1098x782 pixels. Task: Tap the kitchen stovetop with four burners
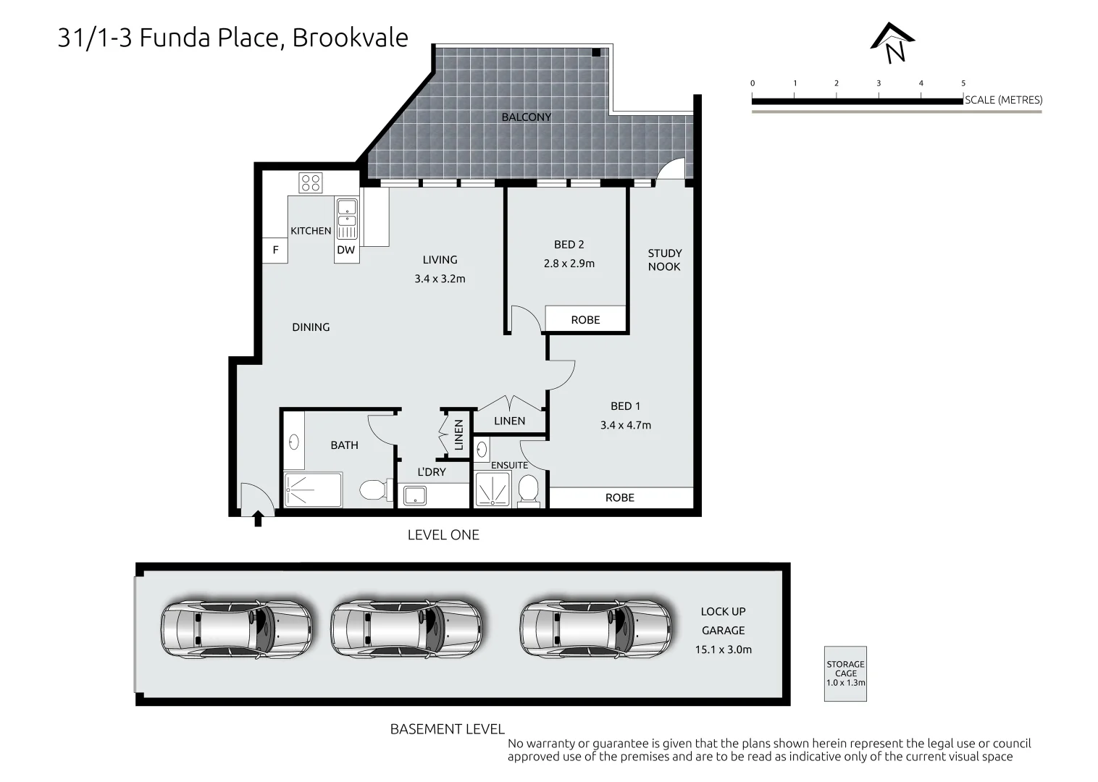click(x=311, y=182)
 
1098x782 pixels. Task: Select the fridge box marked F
click(x=275, y=251)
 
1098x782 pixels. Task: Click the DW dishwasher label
click(x=345, y=250)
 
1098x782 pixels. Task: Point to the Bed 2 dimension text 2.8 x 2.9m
click(x=569, y=264)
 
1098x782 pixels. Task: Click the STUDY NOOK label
click(x=665, y=260)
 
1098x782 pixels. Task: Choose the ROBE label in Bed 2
click(x=585, y=320)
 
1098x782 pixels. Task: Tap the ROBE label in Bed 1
click(x=619, y=498)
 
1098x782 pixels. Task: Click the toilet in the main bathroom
click(x=376, y=489)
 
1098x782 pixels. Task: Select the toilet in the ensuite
click(x=529, y=489)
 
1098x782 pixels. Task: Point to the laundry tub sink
click(x=415, y=496)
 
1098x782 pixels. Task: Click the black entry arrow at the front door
click(x=258, y=518)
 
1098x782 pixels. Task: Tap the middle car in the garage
click(x=406, y=628)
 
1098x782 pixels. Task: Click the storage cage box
click(x=845, y=673)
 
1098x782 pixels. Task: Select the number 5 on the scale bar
click(x=963, y=83)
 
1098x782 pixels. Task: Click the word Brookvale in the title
click(x=350, y=38)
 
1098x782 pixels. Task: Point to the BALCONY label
click(x=526, y=117)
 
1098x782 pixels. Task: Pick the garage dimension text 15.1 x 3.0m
click(x=723, y=649)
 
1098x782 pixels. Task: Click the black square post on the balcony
click(x=595, y=52)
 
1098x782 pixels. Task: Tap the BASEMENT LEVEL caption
click(x=447, y=729)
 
